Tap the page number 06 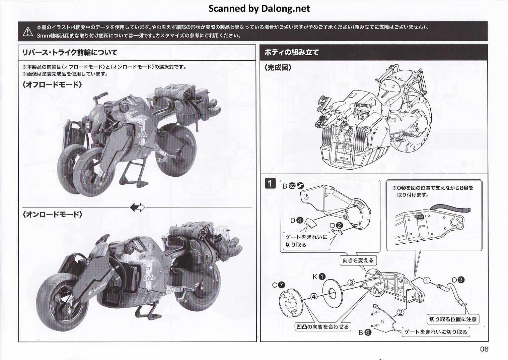[x=484, y=349]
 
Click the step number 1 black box [x=270, y=183]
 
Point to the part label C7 [x=278, y=285]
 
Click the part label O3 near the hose [x=457, y=280]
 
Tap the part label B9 [x=365, y=333]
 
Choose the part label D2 [x=336, y=226]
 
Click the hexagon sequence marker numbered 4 [x=313, y=297]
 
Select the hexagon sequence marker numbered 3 [x=351, y=282]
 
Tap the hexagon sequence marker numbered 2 [x=400, y=312]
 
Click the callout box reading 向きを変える [x=358, y=260]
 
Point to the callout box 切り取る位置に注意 [x=453, y=319]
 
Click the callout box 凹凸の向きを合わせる [x=322, y=326]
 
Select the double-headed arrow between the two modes [x=137, y=207]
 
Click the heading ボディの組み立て [x=291, y=52]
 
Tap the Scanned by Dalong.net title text [x=259, y=8]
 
